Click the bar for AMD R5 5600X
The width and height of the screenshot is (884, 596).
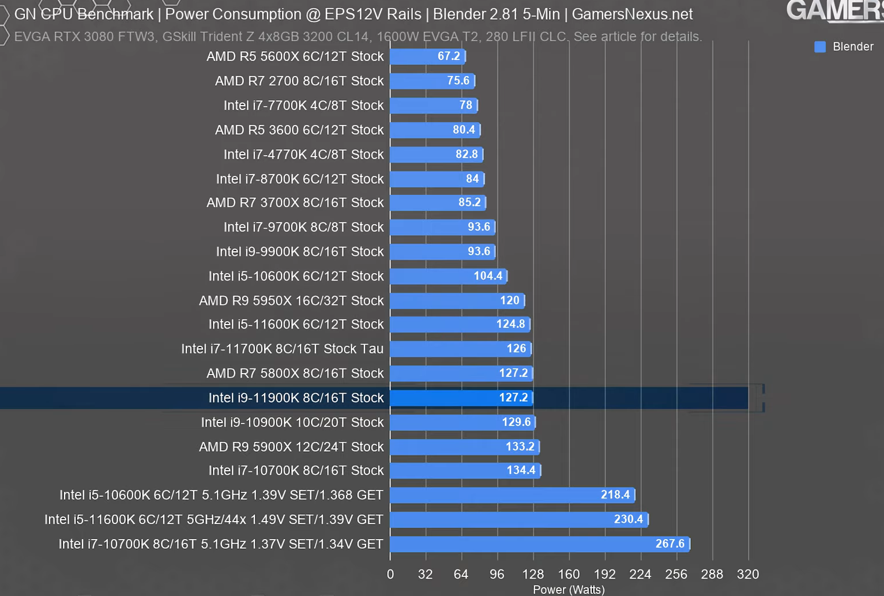tap(427, 56)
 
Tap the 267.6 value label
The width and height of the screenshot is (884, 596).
tap(669, 544)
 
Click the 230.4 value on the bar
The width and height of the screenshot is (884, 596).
tap(628, 519)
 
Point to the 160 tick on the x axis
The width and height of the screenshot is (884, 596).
tap(569, 574)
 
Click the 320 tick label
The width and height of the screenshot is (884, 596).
tap(748, 574)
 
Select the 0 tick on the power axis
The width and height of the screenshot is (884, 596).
tap(390, 574)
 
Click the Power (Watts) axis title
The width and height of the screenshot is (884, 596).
tap(569, 590)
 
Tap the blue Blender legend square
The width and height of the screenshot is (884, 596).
tap(819, 47)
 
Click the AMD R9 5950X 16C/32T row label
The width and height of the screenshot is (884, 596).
tap(291, 301)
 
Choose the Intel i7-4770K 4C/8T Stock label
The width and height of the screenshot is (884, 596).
tap(303, 154)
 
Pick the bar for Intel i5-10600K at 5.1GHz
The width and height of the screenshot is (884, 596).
tap(511, 495)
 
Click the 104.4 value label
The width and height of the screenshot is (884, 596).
tap(488, 276)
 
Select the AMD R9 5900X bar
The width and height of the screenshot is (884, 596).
tap(464, 447)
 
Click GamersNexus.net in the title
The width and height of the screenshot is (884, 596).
tap(632, 14)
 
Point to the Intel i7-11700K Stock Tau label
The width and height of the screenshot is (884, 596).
tap(282, 349)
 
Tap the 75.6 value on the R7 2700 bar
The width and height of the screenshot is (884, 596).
tap(458, 81)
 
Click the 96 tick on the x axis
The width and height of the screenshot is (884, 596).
tap(496, 574)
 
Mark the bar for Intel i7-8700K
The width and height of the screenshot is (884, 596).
tap(437, 179)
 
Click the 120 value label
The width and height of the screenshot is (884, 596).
tap(510, 300)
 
